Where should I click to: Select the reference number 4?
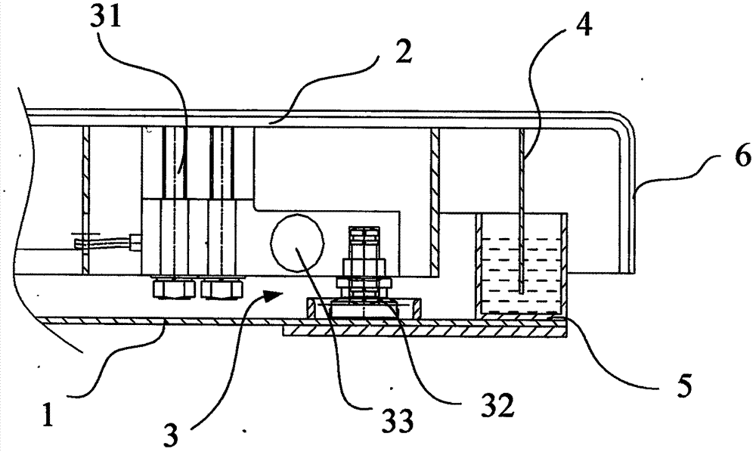click(x=584, y=25)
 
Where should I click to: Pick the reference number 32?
click(x=498, y=406)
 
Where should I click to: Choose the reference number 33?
click(x=398, y=421)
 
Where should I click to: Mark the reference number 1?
click(x=48, y=415)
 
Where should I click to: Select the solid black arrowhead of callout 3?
click(x=271, y=293)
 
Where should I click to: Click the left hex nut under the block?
click(x=174, y=289)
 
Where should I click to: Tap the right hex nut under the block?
click(x=222, y=289)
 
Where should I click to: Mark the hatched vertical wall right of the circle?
click(x=435, y=201)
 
